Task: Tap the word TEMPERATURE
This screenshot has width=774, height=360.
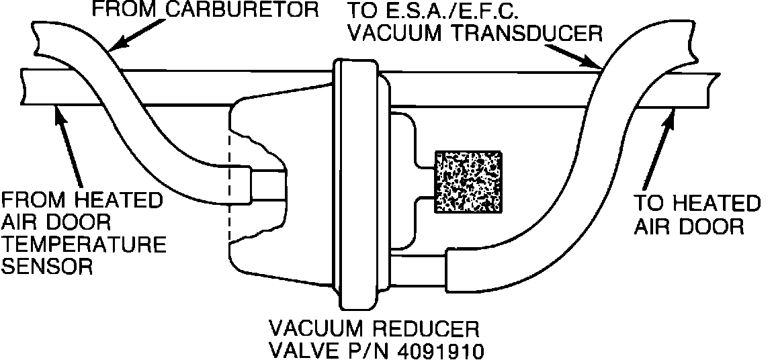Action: coord(84,244)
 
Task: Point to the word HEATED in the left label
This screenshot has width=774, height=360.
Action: coord(117,200)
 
